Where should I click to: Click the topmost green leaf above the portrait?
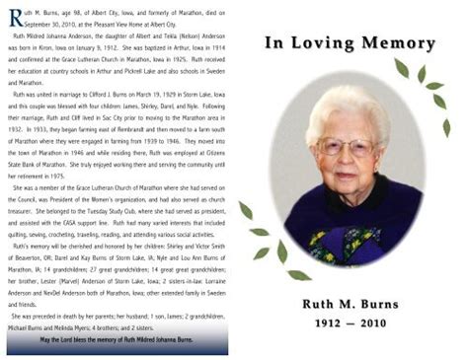pyautogui.click(x=401, y=68)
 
